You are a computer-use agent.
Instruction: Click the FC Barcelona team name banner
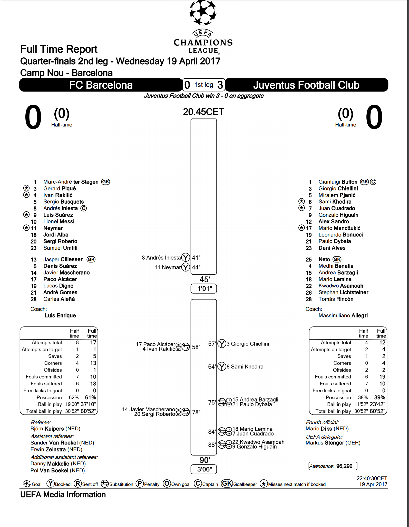(101, 85)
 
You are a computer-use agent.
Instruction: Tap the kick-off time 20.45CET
(203, 112)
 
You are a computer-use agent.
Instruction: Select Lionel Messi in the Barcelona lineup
(59, 221)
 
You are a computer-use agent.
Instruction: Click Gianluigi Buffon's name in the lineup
(338, 182)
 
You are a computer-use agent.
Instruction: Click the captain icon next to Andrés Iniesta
(84, 208)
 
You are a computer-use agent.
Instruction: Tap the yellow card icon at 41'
(186, 257)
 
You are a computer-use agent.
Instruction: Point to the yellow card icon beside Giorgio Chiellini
(222, 344)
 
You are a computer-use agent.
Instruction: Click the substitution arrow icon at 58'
(186, 347)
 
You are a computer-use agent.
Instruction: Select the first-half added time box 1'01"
(204, 288)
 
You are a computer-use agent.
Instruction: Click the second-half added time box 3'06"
(204, 469)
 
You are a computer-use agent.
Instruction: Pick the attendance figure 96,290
(344, 466)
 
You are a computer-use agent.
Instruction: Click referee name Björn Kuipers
(55, 429)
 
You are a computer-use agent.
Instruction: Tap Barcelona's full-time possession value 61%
(91, 397)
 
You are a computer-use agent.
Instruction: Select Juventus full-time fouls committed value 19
(382, 377)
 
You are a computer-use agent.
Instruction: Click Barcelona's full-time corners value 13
(93, 363)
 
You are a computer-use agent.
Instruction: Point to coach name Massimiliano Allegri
(343, 315)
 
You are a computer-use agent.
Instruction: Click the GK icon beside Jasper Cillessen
(91, 259)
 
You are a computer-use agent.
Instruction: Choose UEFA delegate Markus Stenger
(333, 443)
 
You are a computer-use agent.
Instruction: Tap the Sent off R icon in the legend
(78, 484)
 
